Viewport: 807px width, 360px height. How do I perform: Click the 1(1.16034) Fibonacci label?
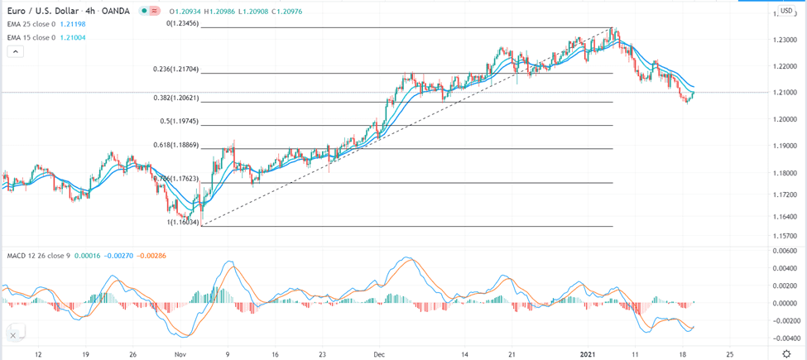(x=182, y=222)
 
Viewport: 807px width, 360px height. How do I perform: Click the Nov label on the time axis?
(x=181, y=353)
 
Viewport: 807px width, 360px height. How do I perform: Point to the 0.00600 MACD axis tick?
(x=784, y=251)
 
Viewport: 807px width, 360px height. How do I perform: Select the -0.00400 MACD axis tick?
(x=782, y=338)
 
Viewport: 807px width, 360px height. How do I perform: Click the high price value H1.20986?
(x=221, y=11)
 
